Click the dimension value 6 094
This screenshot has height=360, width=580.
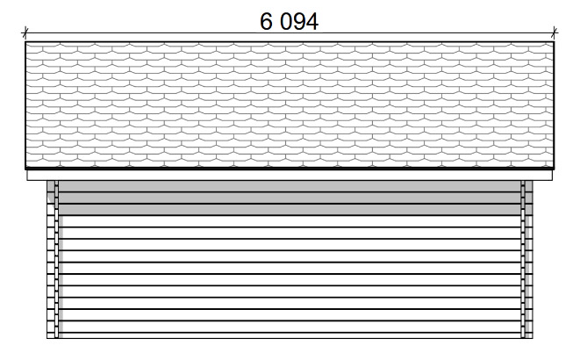pos(289,21)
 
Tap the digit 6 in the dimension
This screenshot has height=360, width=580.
pos(266,21)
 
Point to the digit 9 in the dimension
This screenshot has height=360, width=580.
pos(300,21)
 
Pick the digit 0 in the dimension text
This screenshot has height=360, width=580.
pos(287,21)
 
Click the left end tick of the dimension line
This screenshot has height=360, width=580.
pos(25,32)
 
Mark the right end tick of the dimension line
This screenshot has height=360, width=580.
pos(554,32)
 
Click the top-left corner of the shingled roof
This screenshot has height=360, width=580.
pos(25,42)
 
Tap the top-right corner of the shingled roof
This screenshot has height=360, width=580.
pos(554,42)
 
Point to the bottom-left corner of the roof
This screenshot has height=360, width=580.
pos(25,169)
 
